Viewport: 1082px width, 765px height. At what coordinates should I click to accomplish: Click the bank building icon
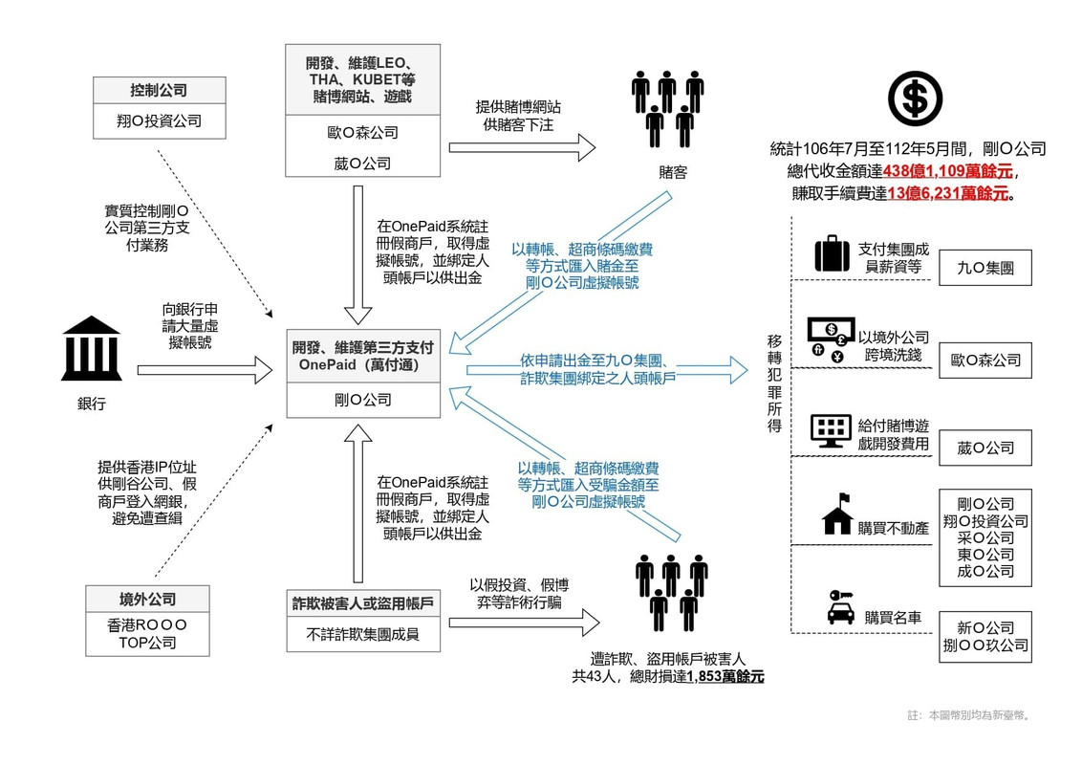(x=92, y=349)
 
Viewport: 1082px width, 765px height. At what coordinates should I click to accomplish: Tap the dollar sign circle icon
(x=915, y=98)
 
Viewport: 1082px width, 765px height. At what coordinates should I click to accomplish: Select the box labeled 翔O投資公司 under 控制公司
(x=160, y=120)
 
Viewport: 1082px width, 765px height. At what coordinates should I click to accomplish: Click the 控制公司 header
(x=160, y=91)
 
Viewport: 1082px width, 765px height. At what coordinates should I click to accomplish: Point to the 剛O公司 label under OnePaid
(x=363, y=400)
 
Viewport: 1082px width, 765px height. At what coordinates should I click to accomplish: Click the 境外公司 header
(x=147, y=600)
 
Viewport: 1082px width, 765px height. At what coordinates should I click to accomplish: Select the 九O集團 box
(x=985, y=268)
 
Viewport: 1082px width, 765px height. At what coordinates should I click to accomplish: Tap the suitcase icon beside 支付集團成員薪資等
(x=833, y=253)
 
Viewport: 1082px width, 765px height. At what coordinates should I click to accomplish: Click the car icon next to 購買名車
(x=840, y=607)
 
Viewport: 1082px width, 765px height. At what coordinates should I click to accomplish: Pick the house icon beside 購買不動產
(x=837, y=514)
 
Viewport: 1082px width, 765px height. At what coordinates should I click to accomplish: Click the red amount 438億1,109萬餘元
(x=948, y=171)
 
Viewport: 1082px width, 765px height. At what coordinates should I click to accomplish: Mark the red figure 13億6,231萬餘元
(x=948, y=193)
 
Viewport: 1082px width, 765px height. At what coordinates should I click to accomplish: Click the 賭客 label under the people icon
(x=673, y=172)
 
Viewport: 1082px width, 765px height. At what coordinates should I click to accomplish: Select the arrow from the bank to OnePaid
(x=205, y=370)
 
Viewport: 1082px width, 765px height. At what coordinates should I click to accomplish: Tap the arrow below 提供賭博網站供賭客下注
(x=523, y=147)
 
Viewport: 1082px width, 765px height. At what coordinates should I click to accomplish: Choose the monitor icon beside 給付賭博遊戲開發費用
(x=830, y=432)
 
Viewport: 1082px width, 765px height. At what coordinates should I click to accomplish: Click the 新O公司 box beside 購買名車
(x=985, y=637)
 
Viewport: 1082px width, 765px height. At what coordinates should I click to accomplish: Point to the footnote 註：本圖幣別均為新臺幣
(x=969, y=715)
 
